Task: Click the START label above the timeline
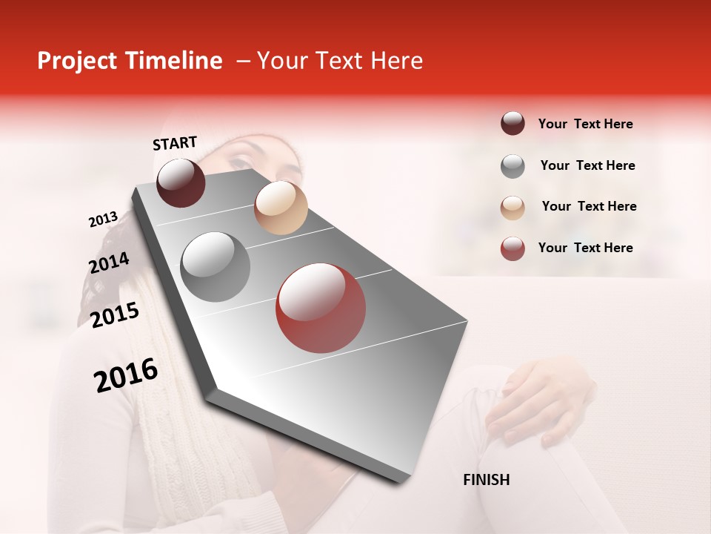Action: pos(175,143)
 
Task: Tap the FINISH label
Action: pos(486,480)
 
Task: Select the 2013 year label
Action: pos(103,220)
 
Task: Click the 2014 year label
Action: pos(109,263)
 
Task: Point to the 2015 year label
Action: pos(115,315)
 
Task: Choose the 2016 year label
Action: pos(126,375)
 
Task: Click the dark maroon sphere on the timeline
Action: pos(181,182)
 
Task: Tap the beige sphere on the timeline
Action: pos(281,208)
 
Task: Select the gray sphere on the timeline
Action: pos(215,267)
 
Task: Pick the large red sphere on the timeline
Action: pos(321,308)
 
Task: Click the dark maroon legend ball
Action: pos(513,124)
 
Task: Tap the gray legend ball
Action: pos(513,166)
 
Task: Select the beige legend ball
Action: pos(513,207)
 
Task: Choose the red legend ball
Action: pos(513,248)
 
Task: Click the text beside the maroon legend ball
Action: pos(585,124)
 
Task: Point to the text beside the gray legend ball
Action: pos(587,165)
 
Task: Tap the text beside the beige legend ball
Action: pos(589,206)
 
